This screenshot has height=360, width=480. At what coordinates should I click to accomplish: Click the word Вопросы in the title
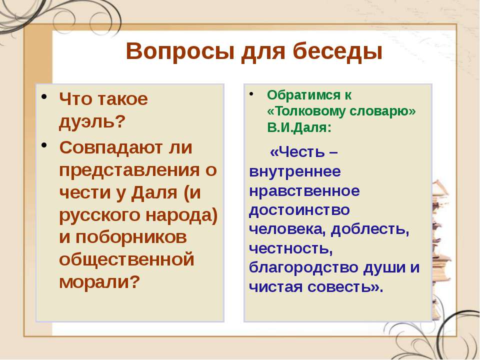click(180, 51)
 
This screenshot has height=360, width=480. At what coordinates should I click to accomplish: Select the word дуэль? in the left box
click(92, 122)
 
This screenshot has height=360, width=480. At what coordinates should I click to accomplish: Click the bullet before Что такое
click(44, 97)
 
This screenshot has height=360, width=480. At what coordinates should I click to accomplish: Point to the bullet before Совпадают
click(44, 145)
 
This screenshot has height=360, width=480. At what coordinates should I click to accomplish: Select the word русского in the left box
click(100, 215)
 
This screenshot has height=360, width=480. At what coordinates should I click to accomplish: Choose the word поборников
click(131, 237)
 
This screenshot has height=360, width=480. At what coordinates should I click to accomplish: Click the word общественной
click(126, 260)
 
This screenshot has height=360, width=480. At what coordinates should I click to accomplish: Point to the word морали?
click(99, 282)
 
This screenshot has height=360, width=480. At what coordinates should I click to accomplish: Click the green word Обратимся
click(303, 95)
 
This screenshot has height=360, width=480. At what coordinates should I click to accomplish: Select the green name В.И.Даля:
click(299, 127)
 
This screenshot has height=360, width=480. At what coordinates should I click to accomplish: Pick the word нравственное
click(304, 191)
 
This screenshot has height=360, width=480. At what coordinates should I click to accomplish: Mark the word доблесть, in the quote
click(370, 229)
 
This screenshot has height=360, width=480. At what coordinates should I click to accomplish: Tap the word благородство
click(303, 268)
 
